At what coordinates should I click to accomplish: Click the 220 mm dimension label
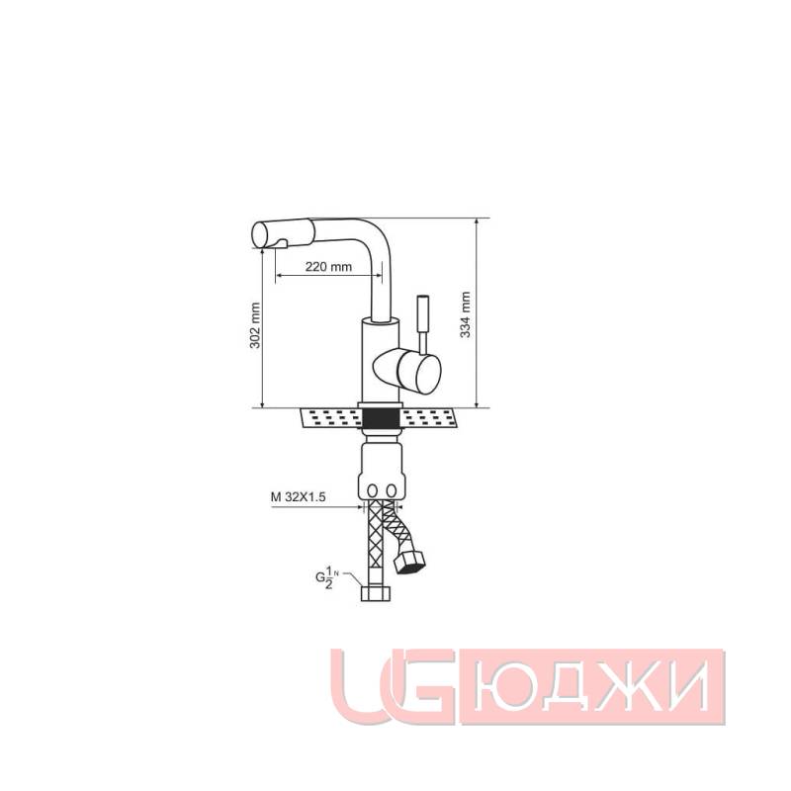[328, 267]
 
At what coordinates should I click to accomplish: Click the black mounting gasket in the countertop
[381, 418]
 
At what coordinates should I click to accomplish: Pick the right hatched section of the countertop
[432, 418]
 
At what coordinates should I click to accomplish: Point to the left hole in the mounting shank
[372, 491]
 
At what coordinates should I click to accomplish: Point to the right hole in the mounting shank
[392, 491]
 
